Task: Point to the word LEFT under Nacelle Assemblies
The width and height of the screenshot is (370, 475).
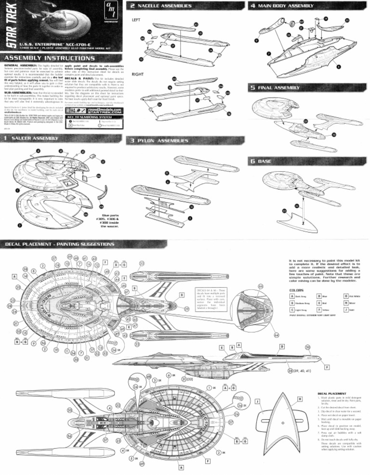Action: [x=136, y=20]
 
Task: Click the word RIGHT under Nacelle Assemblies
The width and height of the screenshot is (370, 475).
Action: [x=138, y=75]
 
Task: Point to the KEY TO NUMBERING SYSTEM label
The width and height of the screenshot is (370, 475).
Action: [x=87, y=118]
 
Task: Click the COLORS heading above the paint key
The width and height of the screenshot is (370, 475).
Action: [x=296, y=290]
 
